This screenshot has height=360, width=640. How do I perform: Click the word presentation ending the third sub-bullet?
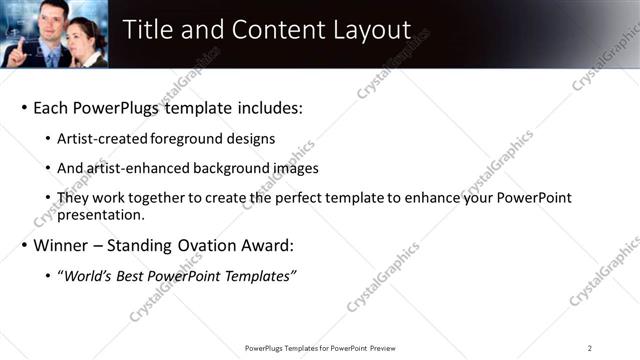pos(100,214)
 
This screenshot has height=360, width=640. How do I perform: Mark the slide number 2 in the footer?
pos(590,347)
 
